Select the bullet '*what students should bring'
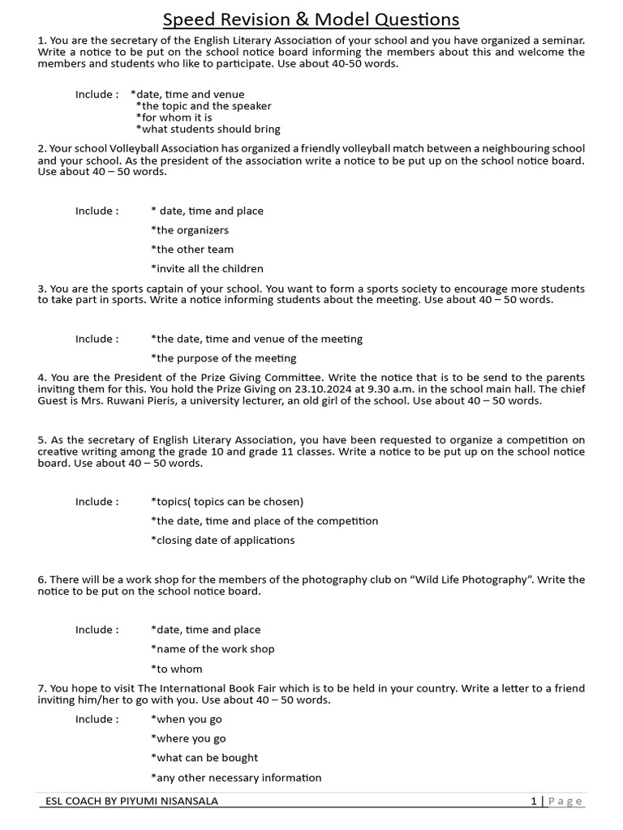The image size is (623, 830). pyautogui.click(x=208, y=129)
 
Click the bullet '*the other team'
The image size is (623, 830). pyautogui.click(x=192, y=250)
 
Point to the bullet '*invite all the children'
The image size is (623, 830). pyautogui.click(x=207, y=269)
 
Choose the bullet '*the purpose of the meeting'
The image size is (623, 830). pyautogui.click(x=223, y=358)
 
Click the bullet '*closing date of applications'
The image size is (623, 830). pyautogui.click(x=222, y=541)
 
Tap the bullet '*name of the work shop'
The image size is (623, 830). pyautogui.click(x=213, y=649)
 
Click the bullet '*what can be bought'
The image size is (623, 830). pyautogui.click(x=204, y=758)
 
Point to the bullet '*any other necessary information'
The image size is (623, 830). pyautogui.click(x=236, y=778)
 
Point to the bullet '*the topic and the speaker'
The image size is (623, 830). pyautogui.click(x=204, y=106)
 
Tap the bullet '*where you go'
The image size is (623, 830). pyautogui.click(x=188, y=738)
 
